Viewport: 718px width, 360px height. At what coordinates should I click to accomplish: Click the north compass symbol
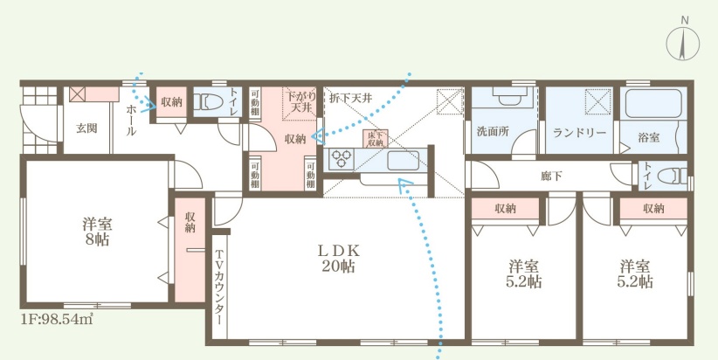(683, 42)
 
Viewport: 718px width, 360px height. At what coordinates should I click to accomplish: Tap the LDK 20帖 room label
(339, 258)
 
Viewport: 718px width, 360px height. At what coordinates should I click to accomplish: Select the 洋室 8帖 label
(98, 232)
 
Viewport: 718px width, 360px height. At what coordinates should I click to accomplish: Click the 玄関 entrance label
(86, 128)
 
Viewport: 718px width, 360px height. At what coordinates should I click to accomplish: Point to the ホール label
(130, 121)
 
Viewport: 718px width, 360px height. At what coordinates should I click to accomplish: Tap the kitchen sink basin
(403, 161)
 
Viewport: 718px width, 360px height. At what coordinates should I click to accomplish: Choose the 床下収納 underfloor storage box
(375, 139)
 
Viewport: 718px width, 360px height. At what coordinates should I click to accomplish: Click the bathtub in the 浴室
(652, 104)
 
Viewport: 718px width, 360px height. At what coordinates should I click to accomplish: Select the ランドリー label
(579, 133)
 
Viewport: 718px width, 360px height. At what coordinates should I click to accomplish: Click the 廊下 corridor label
(552, 176)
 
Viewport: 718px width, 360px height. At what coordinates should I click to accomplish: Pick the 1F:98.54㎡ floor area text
(57, 319)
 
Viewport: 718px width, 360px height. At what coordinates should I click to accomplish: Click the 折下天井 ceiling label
(351, 98)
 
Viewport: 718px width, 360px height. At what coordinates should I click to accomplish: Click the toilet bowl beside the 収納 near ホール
(205, 101)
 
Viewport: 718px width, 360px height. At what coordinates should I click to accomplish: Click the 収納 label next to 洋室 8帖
(190, 222)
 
